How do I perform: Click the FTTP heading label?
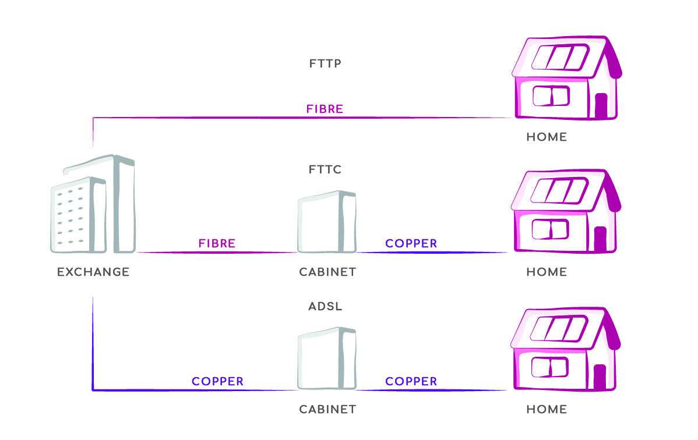coord(325,63)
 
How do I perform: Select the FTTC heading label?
coord(325,170)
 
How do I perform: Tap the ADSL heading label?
coord(325,306)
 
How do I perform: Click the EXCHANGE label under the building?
coord(93,272)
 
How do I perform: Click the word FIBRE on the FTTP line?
coord(325,109)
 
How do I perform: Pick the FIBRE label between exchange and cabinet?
coord(217,243)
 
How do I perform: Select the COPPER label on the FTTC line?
coord(411,243)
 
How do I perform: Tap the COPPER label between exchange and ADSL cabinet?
coord(217,382)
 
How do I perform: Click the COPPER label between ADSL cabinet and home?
coord(411,382)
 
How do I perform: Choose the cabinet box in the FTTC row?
coord(326,222)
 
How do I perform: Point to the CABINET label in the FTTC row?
coord(327,272)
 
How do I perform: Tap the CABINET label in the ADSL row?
coord(327,409)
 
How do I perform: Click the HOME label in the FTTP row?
coord(546,137)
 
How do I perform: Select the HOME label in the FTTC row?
coord(546,272)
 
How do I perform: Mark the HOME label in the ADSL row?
coord(546,409)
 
